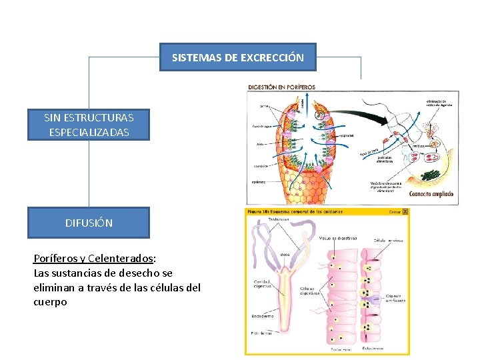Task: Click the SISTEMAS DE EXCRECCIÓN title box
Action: click(x=238, y=57)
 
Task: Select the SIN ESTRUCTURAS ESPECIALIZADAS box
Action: click(x=89, y=125)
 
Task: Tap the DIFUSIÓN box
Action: click(x=89, y=223)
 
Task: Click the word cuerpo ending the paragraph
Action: click(x=50, y=302)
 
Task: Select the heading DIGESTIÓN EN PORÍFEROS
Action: click(x=281, y=87)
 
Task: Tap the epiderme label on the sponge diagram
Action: click(x=259, y=181)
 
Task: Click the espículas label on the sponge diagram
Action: click(x=346, y=135)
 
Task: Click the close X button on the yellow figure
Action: click(x=405, y=211)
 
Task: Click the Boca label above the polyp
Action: click(x=284, y=253)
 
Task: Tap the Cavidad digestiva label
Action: click(x=261, y=285)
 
